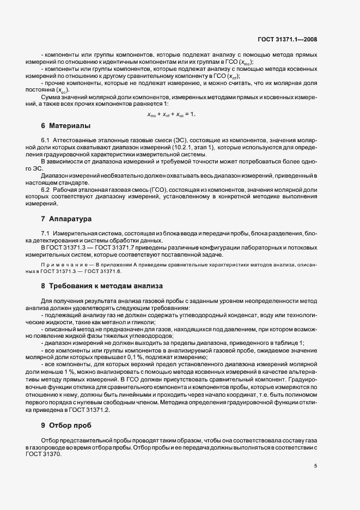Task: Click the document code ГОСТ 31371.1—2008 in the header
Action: (x=287, y=39)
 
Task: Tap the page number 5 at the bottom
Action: (x=315, y=466)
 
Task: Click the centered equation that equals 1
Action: (x=171, y=114)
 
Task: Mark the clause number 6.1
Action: (x=45, y=140)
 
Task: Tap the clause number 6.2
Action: (x=45, y=189)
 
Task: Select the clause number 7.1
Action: (x=45, y=233)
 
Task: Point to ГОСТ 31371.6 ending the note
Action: (x=103, y=270)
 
